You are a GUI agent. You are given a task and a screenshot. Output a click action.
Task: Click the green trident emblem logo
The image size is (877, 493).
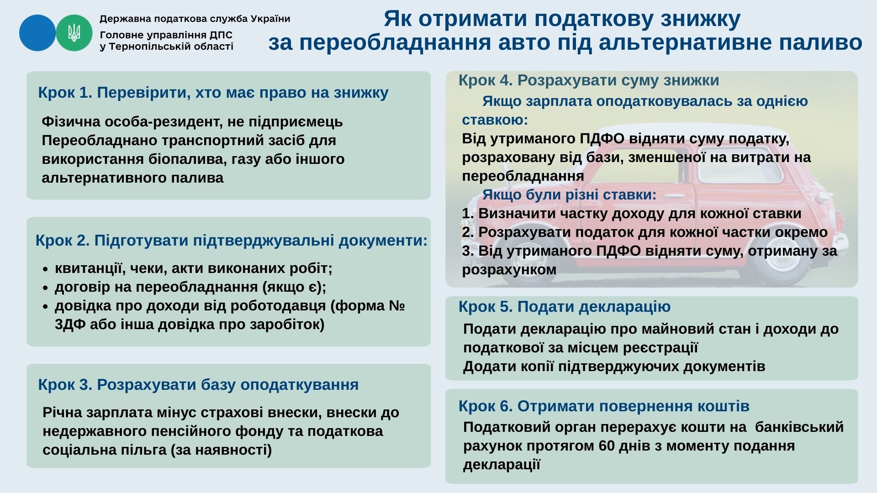point(74,33)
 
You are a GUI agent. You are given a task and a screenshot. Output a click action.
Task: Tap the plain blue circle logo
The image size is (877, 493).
point(37,33)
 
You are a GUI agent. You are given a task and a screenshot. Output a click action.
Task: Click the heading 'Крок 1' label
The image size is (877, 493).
point(65,93)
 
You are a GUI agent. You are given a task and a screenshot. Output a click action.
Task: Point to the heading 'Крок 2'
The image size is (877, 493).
point(63,240)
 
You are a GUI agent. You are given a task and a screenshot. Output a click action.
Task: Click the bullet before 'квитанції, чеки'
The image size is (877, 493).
point(45,270)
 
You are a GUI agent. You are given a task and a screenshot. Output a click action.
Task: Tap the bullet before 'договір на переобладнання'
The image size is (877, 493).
point(45,288)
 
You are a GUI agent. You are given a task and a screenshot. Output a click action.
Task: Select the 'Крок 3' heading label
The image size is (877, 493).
point(65,385)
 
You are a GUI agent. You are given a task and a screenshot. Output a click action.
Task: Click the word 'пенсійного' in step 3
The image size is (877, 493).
point(179,431)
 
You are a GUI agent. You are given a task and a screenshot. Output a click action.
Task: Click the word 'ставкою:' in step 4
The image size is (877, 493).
point(495,120)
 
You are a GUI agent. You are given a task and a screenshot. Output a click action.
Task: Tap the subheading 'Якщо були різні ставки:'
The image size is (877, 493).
point(569,195)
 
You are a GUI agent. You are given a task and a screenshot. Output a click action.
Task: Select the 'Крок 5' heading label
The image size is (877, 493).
point(486,307)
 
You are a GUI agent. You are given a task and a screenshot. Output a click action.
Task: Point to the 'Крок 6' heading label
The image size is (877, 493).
point(486,406)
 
